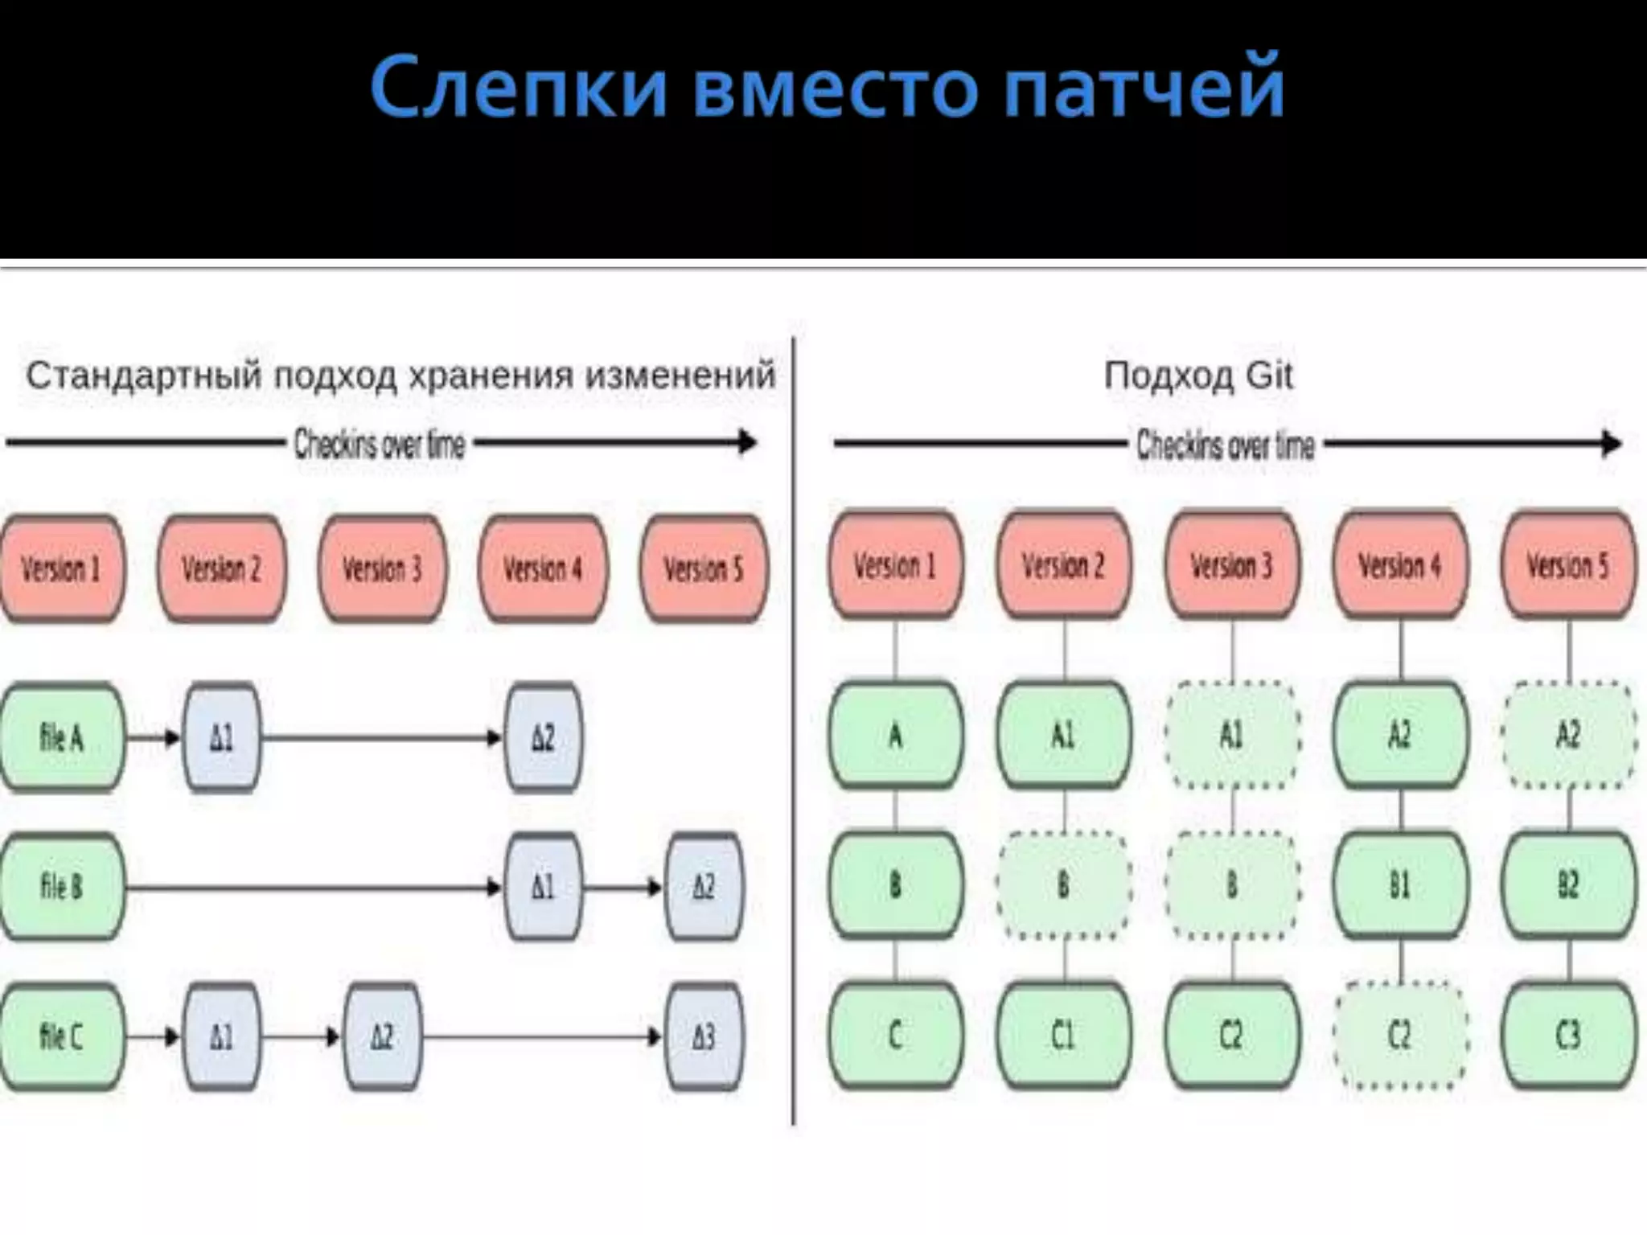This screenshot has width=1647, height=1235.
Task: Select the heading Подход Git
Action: (1198, 375)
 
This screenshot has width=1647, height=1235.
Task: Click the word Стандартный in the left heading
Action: (145, 375)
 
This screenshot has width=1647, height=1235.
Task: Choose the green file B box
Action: (62, 887)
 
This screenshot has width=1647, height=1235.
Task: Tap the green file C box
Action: (62, 1036)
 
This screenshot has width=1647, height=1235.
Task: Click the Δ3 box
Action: (704, 1036)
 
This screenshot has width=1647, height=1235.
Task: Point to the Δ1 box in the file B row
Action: (544, 887)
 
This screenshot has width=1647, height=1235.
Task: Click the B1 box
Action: (1400, 885)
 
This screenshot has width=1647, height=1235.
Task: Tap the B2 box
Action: (1568, 885)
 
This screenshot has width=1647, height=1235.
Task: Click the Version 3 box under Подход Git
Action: (1231, 566)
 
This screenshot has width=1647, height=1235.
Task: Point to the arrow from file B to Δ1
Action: (314, 888)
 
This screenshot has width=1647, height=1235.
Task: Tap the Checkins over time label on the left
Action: (380, 444)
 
